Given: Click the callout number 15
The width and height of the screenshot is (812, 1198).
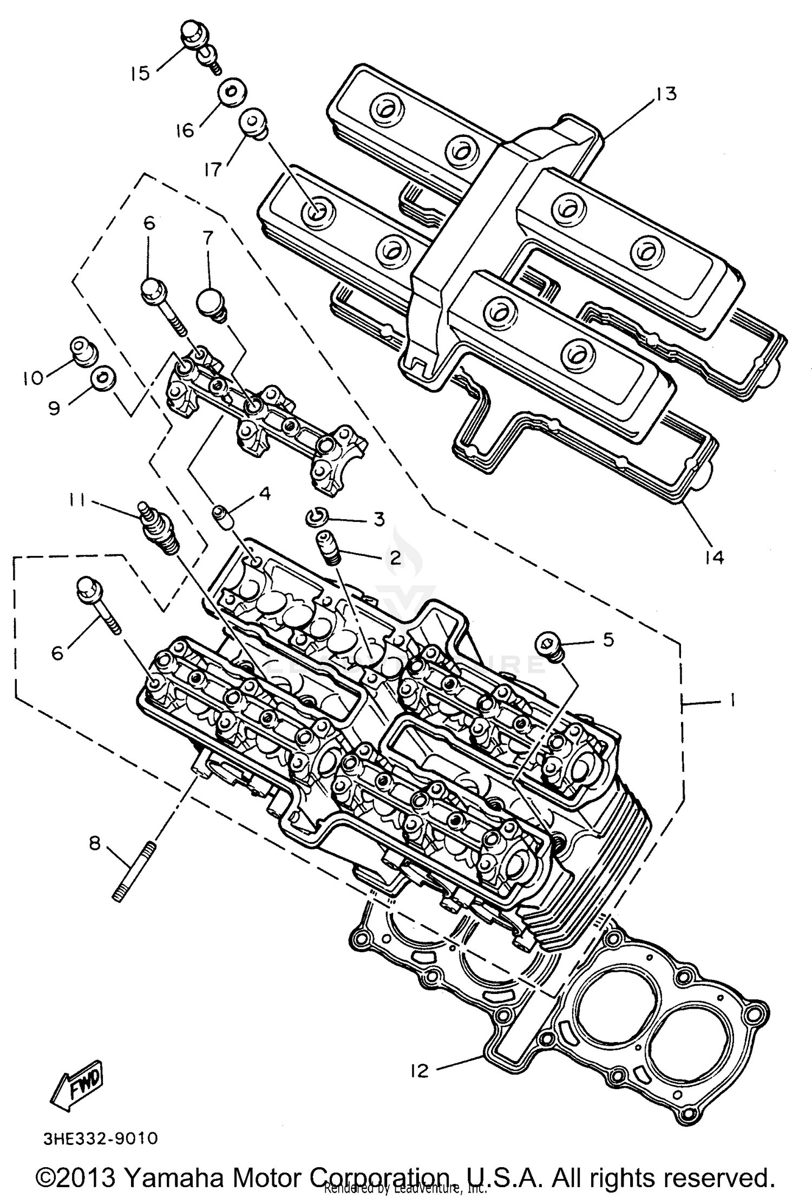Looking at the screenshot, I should click(140, 73).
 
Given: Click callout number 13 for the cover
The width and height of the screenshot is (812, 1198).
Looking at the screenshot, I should click(666, 94).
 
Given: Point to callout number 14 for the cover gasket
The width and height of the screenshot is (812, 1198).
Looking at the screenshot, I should click(715, 557).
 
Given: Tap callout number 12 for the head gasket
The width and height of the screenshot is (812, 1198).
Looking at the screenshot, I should click(419, 1070).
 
